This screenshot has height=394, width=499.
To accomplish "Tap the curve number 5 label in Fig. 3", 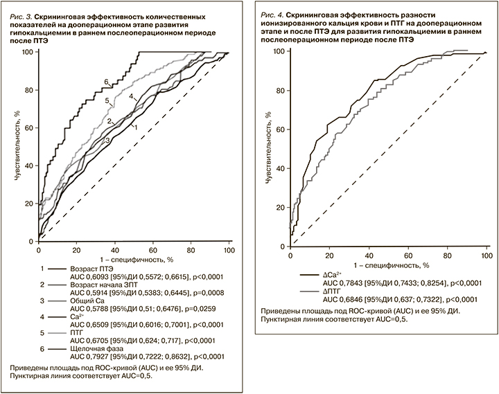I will point(108,101).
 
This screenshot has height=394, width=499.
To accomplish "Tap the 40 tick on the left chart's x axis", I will point(114,250).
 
